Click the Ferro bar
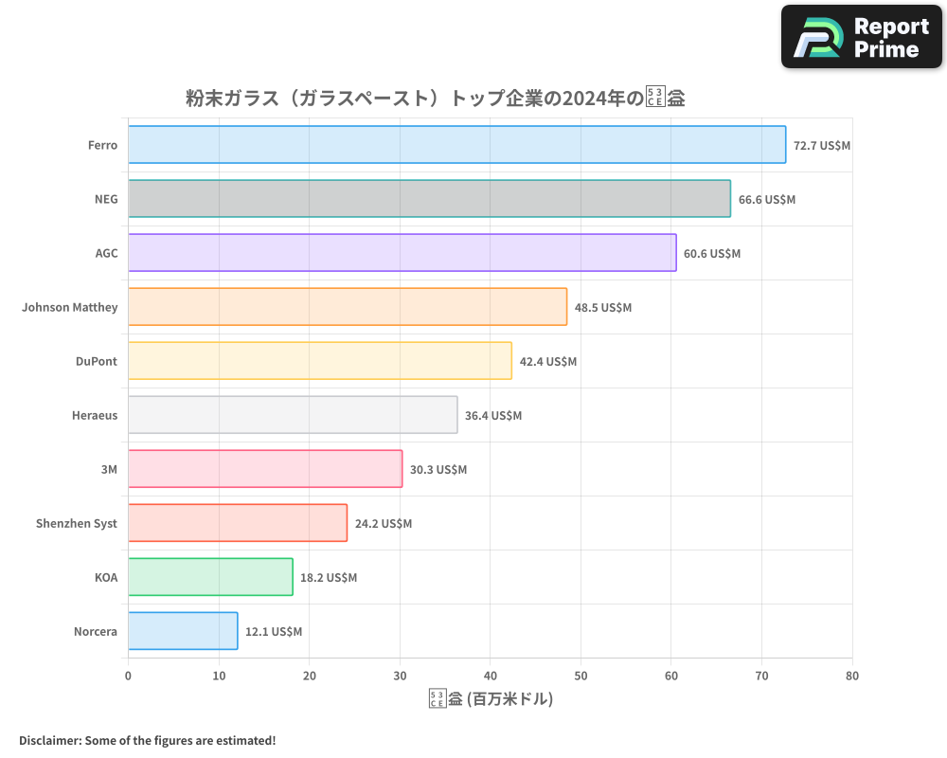[456, 145]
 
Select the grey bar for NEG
[429, 199]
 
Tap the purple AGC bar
[402, 253]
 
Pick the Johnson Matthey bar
[347, 307]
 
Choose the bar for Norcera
[183, 631]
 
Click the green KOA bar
[210, 577]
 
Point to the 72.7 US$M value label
[822, 146]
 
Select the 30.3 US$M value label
[438, 470]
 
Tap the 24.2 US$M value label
[384, 524]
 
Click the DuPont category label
[97, 361]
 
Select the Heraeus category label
[95, 415]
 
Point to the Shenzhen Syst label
[77, 523]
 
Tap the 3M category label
[109, 469]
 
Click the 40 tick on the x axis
[490, 676]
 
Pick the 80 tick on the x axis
[852, 676]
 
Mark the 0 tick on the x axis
[128, 676]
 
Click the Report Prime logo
[862, 37]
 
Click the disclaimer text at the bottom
[147, 740]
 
